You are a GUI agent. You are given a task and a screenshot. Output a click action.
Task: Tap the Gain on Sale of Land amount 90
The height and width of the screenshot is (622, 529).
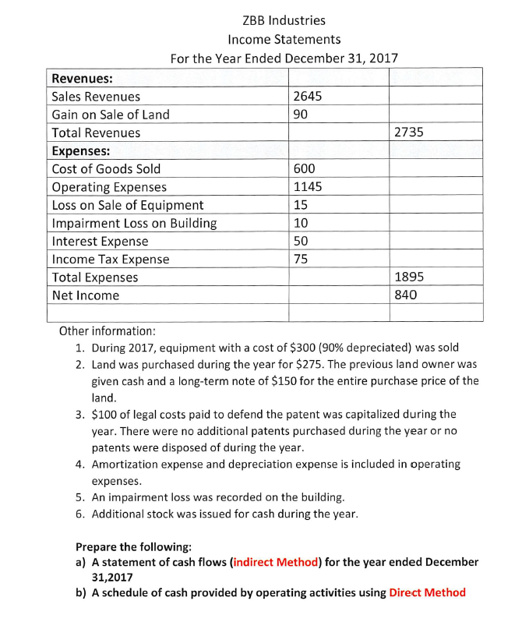pyautogui.click(x=302, y=115)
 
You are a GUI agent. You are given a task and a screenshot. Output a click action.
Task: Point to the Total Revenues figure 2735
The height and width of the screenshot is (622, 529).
pyautogui.click(x=409, y=133)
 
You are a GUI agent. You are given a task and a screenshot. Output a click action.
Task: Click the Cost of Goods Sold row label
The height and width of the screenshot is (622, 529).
pyautogui.click(x=106, y=169)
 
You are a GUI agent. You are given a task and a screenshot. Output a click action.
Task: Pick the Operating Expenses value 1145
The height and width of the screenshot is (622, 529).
pyautogui.click(x=308, y=187)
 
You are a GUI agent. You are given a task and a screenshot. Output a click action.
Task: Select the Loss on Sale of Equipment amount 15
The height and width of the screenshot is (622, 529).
pyautogui.click(x=301, y=205)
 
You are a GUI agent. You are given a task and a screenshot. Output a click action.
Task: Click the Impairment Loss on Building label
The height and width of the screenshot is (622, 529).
pyautogui.click(x=134, y=224)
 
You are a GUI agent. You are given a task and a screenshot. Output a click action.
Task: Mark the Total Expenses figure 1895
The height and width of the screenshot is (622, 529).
pyautogui.click(x=410, y=277)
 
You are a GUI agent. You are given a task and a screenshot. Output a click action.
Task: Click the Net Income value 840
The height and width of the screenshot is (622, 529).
pyautogui.click(x=407, y=295)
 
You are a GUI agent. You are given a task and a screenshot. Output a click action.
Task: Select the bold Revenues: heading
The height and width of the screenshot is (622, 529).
pyautogui.click(x=81, y=78)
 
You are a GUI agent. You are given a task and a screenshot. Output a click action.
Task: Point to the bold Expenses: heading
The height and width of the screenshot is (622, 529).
pyautogui.click(x=80, y=151)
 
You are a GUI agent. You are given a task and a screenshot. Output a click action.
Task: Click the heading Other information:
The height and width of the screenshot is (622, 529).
pyautogui.click(x=108, y=330)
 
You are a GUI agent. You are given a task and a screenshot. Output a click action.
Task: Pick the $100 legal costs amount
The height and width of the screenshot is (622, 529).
pyautogui.click(x=106, y=414)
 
